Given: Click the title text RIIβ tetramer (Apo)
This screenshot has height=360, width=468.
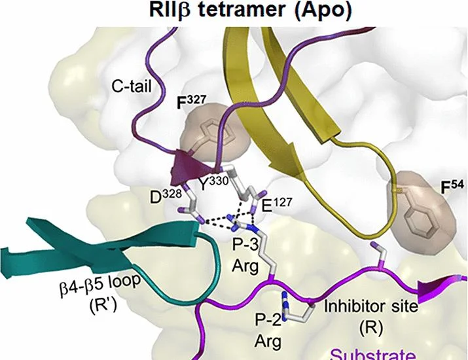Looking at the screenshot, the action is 250,12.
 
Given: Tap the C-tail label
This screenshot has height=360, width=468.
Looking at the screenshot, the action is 132,87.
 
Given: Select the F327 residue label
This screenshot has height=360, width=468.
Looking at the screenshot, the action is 191,102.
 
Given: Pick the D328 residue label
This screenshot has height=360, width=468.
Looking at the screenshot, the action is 166,197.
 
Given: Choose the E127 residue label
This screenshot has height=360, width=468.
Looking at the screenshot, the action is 276,204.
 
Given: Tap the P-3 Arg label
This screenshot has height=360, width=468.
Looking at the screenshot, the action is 245,255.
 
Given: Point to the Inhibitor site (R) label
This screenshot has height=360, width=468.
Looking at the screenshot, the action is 371,316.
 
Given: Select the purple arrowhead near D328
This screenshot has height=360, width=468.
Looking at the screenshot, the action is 186,167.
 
